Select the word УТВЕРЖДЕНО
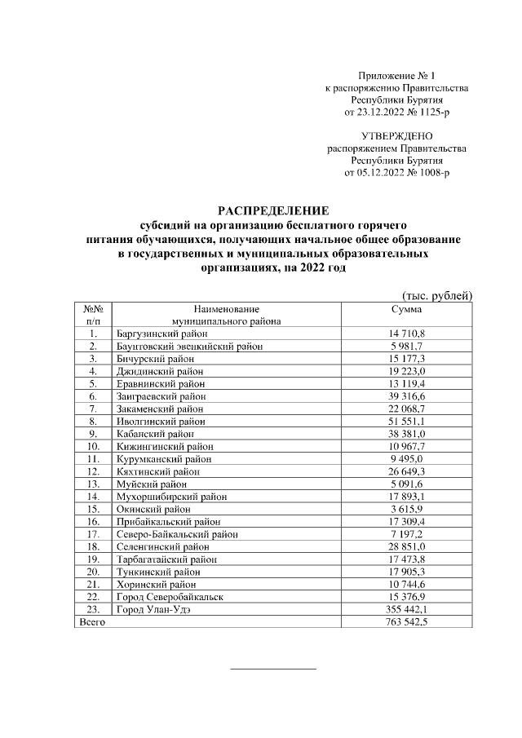397,136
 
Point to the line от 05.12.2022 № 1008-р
397,173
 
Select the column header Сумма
406,310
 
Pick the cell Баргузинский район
156,334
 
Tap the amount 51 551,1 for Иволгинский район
406,421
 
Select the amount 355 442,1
406,609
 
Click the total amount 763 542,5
406,622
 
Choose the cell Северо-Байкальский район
172,534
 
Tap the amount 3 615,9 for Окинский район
406,509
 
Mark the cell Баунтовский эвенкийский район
185,346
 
